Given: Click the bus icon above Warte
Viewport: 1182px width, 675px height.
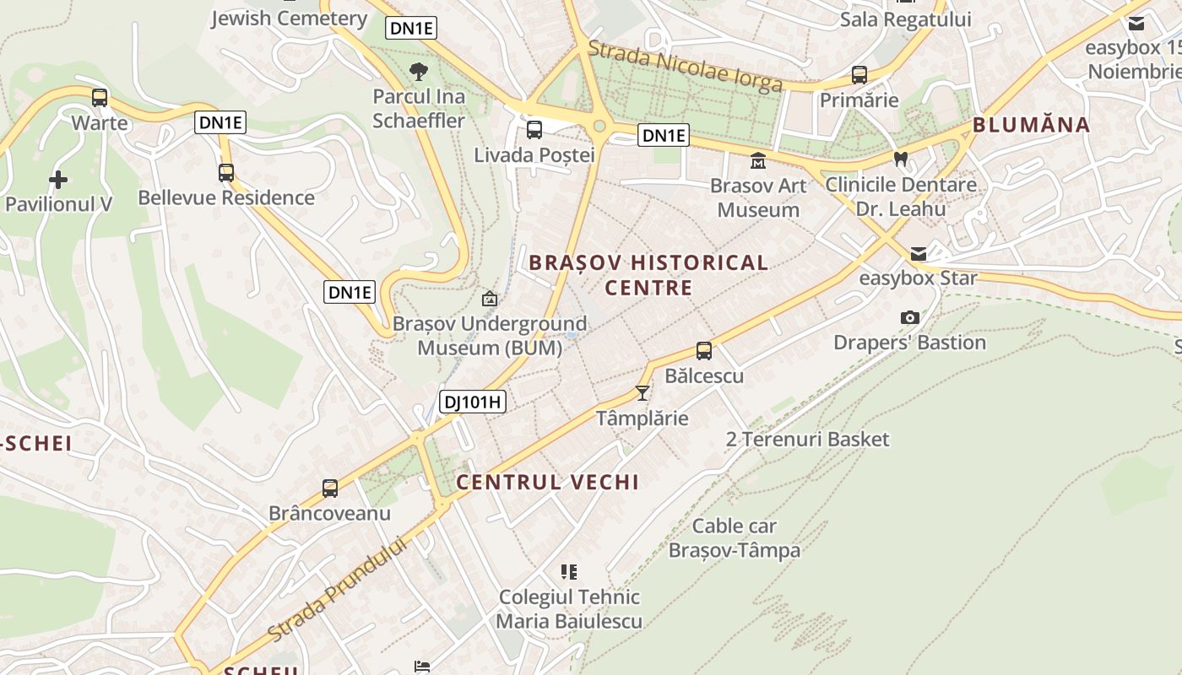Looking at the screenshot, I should [100, 97].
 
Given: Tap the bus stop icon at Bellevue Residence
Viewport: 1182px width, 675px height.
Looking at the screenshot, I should [225, 172].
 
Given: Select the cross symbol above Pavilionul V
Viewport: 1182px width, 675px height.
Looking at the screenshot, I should [57, 179].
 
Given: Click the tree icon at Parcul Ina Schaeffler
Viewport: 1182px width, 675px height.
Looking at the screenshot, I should [418, 71].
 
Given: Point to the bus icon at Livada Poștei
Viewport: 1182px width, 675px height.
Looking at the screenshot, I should [534, 129].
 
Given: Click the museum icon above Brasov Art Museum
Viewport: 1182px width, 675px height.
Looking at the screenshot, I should [757, 159].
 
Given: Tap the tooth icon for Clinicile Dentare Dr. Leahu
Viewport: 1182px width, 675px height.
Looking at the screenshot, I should [901, 159].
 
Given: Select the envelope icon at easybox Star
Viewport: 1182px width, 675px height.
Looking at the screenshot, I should [918, 253].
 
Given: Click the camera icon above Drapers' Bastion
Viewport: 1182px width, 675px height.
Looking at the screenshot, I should [909, 317].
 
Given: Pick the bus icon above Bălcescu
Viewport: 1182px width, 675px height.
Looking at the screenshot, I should [703, 350].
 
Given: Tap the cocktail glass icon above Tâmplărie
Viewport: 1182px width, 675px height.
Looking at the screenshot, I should [643, 392].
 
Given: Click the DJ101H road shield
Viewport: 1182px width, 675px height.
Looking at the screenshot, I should [473, 402].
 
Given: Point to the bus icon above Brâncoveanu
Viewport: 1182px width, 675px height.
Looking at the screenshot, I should [329, 488].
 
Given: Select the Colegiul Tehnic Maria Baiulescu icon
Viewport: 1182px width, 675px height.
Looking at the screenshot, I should [569, 572].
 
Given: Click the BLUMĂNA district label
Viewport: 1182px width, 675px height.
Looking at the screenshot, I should [1031, 125].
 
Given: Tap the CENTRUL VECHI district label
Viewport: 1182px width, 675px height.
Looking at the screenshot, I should [547, 482].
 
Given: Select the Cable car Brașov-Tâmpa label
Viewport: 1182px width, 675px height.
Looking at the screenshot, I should [734, 538].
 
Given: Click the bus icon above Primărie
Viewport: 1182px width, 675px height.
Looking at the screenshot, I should [859, 74].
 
